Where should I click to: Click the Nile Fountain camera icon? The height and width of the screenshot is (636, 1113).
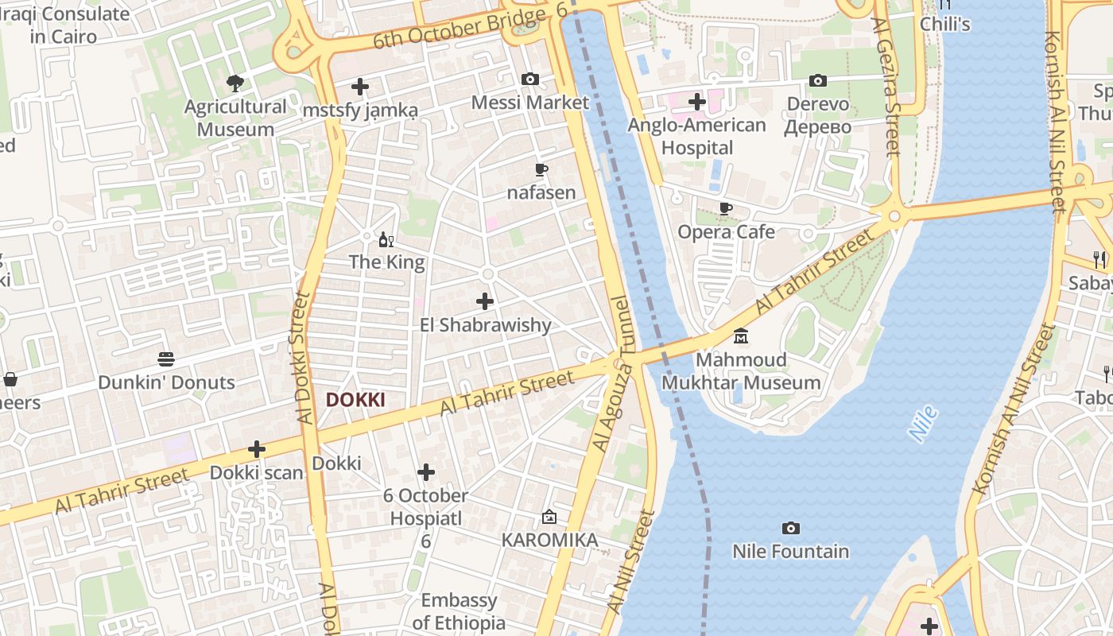point(790,529)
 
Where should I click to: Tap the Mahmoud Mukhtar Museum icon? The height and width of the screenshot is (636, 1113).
point(741,336)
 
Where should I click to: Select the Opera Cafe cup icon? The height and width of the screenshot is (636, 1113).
point(725,209)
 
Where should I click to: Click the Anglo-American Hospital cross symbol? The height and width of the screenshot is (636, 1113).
point(697,102)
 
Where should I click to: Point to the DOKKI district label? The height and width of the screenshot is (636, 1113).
point(355,400)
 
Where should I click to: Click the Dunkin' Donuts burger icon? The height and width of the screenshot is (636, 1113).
point(166,359)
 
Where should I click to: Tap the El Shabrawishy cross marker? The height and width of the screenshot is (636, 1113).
point(484,301)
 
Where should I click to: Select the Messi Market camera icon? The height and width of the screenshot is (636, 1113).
point(529,79)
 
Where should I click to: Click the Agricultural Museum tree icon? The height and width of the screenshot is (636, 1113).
point(235,83)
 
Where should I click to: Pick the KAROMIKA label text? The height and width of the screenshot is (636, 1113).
point(549,541)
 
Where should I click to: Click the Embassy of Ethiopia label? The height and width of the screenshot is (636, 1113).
point(459,611)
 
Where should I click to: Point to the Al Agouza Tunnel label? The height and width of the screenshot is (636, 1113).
point(611,374)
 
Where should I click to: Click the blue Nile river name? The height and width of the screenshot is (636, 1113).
point(923,424)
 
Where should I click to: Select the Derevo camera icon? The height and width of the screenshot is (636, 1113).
point(817,81)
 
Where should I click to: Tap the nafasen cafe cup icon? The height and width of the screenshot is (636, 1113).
point(541,169)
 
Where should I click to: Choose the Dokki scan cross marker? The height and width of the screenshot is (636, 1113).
point(256,449)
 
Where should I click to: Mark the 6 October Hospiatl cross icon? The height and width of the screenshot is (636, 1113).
point(426,473)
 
